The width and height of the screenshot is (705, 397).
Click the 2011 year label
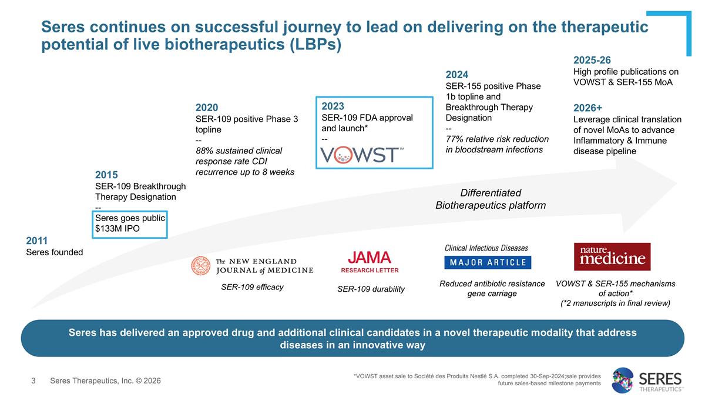37,241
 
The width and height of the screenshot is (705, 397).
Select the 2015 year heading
106,175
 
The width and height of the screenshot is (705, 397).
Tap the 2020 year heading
207,108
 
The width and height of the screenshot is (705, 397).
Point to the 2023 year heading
333,106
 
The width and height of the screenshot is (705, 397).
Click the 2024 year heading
457,75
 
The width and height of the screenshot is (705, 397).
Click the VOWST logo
362,154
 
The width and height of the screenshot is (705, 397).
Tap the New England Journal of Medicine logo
252,266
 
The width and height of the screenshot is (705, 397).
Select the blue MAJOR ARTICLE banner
488,262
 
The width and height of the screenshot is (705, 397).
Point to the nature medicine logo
612,257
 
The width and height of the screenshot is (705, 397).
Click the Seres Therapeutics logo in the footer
647,381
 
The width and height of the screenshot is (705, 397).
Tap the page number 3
33,381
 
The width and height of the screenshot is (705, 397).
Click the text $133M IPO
117,229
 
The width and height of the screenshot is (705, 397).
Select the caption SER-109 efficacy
252,287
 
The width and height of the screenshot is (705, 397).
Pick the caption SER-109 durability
371,289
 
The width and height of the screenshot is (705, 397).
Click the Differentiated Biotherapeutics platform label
490,199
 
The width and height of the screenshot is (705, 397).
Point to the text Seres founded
55,252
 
